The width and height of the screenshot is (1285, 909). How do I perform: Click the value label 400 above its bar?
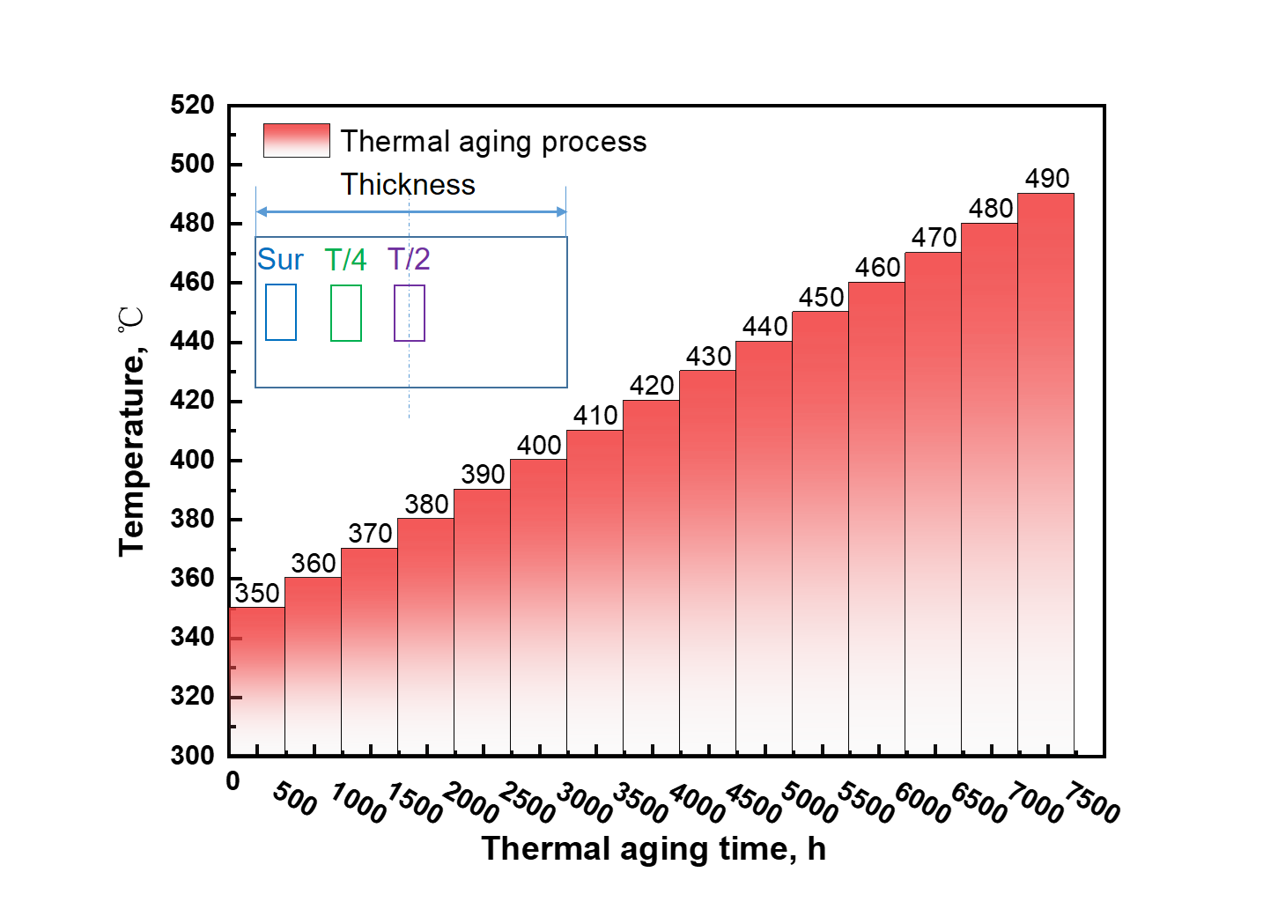coord(539,446)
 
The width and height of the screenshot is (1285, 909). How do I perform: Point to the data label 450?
coord(821,298)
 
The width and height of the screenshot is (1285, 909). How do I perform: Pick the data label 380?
coord(426,505)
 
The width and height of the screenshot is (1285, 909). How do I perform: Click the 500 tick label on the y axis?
coord(192,165)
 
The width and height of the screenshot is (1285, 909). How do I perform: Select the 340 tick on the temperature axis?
coord(192,637)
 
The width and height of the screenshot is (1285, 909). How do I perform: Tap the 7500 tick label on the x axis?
coord(1092,802)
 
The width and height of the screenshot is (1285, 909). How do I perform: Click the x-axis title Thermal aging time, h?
coord(654,849)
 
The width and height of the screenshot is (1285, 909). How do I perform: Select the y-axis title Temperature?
coord(132,432)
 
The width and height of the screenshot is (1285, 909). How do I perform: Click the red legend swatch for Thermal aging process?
coord(297,141)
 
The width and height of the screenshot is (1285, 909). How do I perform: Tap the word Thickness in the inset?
coord(408,185)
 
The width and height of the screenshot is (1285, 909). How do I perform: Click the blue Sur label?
coord(280,260)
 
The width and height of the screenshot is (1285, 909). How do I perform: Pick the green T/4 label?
coord(345,260)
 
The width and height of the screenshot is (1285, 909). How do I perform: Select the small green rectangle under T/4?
coord(346,313)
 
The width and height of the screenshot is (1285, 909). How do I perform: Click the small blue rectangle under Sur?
coord(281,312)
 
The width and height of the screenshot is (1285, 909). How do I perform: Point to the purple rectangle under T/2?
coord(410,313)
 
